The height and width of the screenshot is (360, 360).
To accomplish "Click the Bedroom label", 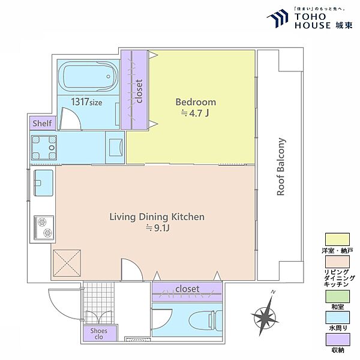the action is (196, 102).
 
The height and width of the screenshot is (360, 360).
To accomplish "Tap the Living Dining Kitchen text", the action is (157, 217).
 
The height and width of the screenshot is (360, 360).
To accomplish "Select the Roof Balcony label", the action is (281, 167).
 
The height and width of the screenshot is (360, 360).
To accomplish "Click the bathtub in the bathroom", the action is (88, 76).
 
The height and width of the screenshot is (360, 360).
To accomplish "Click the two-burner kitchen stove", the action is (44, 227).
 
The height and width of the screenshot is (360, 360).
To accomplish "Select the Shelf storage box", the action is (43, 123).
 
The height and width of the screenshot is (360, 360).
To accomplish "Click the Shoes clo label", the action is (99, 334).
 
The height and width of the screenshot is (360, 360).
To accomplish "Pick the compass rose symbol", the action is (265, 315).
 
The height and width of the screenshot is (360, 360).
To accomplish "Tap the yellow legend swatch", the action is (337, 239).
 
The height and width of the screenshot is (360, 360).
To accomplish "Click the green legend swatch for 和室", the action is (337, 296).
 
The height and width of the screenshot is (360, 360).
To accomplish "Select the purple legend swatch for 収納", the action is (337, 340).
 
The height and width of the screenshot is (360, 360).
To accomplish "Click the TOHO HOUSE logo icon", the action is (278, 19).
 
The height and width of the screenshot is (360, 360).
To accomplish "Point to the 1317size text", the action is (86, 102).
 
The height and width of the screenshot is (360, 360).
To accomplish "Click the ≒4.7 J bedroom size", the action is (195, 113).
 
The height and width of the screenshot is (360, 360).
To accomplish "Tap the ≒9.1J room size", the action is (158, 228).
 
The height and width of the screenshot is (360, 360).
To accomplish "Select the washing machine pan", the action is (44, 148).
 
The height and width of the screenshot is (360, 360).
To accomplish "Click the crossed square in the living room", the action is (67, 263).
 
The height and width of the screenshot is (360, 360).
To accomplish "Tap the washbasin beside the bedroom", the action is (115, 148).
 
